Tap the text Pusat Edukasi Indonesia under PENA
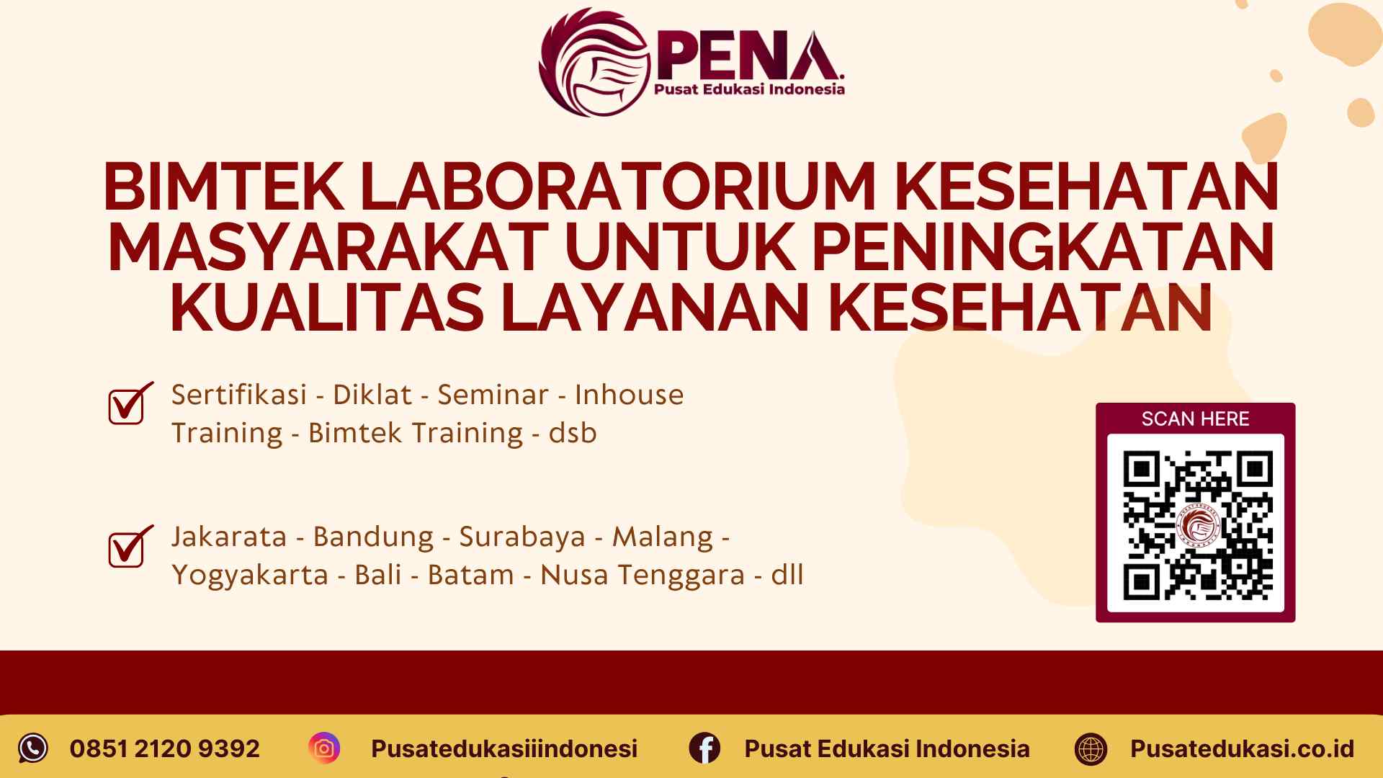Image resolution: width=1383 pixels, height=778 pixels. click(748, 89)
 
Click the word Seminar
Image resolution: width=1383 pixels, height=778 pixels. click(493, 395)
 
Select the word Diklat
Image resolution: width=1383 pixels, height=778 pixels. click(372, 395)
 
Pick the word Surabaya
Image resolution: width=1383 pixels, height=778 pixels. click(522, 537)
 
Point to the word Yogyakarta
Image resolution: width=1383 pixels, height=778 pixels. click(249, 575)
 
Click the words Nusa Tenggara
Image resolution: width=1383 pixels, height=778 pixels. click(642, 575)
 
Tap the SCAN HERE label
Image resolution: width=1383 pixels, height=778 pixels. click(1195, 419)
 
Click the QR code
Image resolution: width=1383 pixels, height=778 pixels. click(1196, 524)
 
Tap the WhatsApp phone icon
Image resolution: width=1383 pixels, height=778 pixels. click(33, 748)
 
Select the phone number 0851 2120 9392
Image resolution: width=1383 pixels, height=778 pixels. click(164, 748)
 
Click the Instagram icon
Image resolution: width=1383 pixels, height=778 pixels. click(324, 748)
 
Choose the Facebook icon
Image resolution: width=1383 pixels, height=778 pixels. click(704, 748)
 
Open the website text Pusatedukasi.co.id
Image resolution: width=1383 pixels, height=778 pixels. click(1242, 748)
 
